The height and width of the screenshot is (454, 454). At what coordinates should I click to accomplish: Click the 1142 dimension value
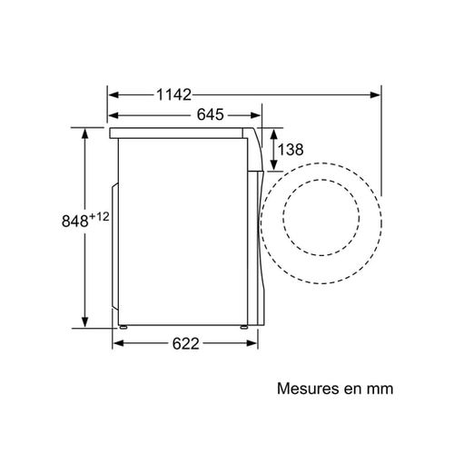(x=173, y=93)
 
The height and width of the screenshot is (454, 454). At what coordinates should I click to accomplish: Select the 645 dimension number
(x=210, y=114)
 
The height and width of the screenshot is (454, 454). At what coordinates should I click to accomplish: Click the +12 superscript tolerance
(x=100, y=215)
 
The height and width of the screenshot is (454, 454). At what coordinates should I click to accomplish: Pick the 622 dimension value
(x=185, y=344)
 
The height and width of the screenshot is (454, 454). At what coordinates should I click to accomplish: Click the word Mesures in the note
(x=306, y=389)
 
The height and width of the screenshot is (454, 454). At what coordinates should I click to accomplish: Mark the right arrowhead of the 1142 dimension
(x=376, y=93)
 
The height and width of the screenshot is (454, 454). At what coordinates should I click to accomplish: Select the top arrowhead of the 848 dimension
(x=85, y=133)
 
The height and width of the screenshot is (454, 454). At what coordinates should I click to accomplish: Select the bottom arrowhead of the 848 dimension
(x=85, y=322)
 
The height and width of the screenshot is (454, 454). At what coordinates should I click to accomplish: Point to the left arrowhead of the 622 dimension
(x=117, y=344)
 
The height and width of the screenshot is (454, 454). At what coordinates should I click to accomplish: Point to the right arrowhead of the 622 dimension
(x=257, y=344)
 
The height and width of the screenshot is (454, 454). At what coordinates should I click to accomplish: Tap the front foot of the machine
(x=243, y=324)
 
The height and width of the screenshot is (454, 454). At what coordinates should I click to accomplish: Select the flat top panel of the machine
(x=182, y=133)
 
